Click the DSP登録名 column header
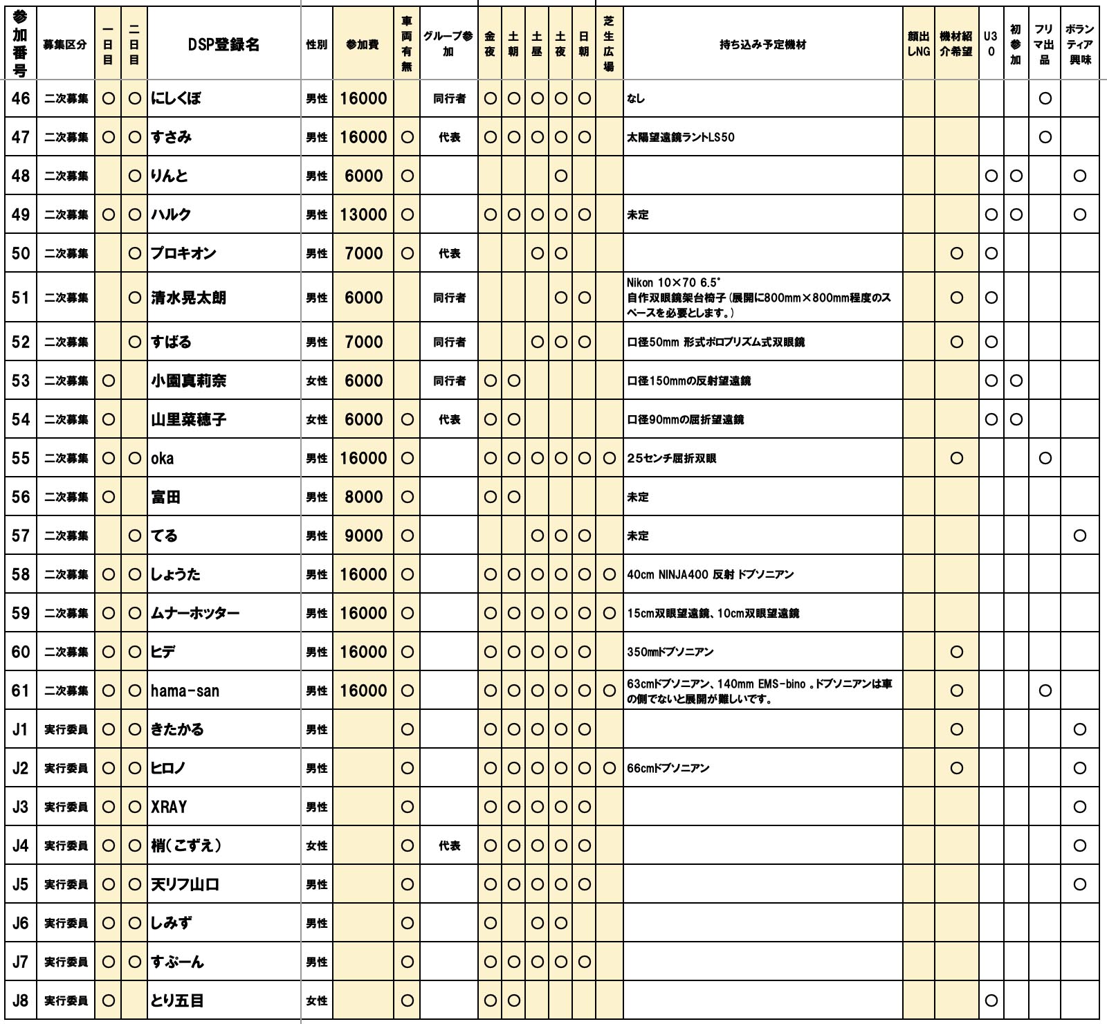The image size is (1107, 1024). pyautogui.click(x=224, y=45)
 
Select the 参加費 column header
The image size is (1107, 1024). pyautogui.click(x=363, y=45)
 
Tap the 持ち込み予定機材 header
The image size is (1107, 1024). pyautogui.click(x=762, y=45)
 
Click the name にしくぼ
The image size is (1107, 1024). pyautogui.click(x=176, y=98)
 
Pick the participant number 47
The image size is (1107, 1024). pyautogui.click(x=21, y=137)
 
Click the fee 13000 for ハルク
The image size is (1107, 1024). pyautogui.click(x=363, y=214)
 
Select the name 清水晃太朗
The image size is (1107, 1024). pyautogui.click(x=189, y=298)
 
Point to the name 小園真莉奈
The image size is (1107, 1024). pyautogui.click(x=189, y=381)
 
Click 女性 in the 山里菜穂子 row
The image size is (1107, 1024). pyautogui.click(x=317, y=420)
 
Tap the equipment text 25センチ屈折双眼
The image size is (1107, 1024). pyautogui.click(x=671, y=458)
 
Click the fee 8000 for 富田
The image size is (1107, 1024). pyautogui.click(x=363, y=497)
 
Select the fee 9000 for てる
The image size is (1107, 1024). pyautogui.click(x=363, y=536)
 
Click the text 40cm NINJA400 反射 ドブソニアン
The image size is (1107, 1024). pyautogui.click(x=710, y=574)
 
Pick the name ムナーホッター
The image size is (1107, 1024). pyautogui.click(x=196, y=613)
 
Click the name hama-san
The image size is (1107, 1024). pyautogui.click(x=185, y=691)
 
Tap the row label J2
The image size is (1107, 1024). pyautogui.click(x=21, y=768)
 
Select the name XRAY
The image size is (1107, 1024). pyautogui.click(x=170, y=807)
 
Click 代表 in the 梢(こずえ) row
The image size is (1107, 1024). pyautogui.click(x=449, y=845)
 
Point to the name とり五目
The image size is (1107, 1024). pyautogui.click(x=178, y=1000)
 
